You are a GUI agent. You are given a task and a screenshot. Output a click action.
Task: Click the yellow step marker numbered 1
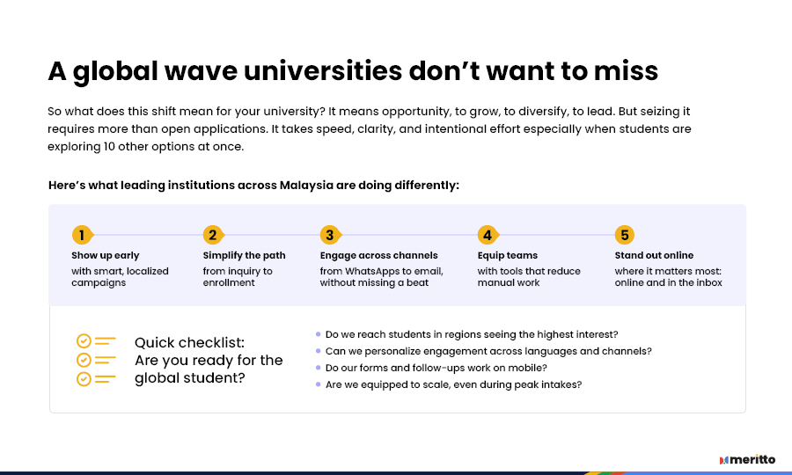coord(82,235)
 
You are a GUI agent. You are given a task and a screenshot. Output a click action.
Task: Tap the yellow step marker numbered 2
coord(213,235)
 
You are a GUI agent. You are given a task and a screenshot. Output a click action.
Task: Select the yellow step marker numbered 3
coord(330,235)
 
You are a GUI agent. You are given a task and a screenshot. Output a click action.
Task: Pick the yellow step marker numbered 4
coord(488,235)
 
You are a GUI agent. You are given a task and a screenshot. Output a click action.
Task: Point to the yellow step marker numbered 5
coord(625,235)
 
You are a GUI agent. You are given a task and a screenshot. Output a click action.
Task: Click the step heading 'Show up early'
coord(105,255)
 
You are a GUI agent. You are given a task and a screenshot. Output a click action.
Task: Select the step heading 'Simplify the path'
coord(244,255)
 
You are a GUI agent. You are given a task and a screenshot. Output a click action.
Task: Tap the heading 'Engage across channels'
coord(378,255)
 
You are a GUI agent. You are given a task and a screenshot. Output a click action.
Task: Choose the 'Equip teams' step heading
coord(508,255)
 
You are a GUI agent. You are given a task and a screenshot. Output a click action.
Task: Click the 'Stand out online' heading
coord(654,255)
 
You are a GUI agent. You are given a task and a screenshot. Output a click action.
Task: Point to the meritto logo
coord(747,459)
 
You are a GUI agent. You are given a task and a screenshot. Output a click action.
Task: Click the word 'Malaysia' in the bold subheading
coord(306,186)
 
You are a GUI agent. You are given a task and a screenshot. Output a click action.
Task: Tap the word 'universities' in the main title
coord(323,70)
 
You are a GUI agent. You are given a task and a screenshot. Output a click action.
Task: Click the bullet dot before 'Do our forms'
coord(319,368)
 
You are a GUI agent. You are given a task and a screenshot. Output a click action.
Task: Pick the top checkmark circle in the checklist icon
coord(84,341)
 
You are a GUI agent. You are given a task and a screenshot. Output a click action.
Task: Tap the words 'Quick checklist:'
coord(189,343)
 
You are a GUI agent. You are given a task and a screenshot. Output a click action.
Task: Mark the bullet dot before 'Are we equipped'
coord(319,384)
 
